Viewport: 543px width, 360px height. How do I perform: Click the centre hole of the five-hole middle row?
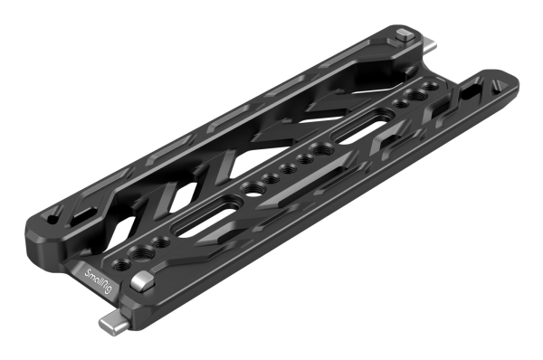tap(289, 168)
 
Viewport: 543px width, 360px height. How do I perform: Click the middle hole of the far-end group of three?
tap(411, 99)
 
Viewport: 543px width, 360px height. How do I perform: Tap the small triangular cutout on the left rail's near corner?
tap(57, 214)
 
